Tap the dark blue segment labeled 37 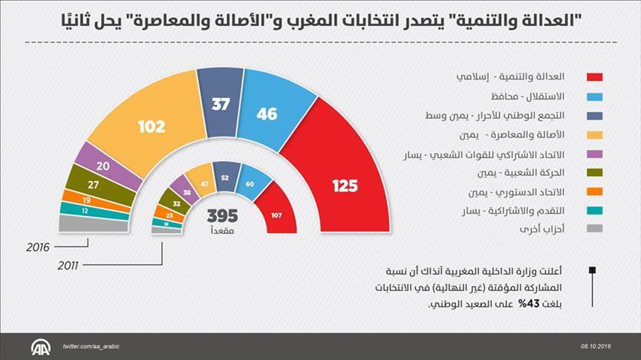coord(221,105)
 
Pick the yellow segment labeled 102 coord(151,127)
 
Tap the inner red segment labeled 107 coord(275,215)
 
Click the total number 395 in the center coord(222,216)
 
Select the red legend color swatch coord(594,77)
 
